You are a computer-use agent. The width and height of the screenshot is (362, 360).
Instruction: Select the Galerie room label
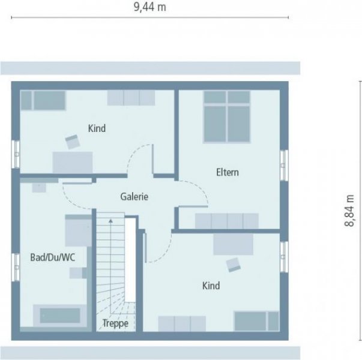point(134,196)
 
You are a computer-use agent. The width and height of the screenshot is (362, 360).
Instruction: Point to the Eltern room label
point(228,172)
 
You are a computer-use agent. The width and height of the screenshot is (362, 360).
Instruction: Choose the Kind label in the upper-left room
point(97,128)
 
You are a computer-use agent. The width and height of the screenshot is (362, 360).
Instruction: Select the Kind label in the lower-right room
point(211,286)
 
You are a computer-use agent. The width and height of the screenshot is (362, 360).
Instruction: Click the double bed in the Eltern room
point(226,116)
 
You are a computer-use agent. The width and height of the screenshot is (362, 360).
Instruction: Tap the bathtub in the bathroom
point(59,315)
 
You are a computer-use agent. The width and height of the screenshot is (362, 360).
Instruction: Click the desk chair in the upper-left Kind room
point(73,142)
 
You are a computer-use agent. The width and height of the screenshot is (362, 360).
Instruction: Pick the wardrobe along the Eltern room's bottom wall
point(226,221)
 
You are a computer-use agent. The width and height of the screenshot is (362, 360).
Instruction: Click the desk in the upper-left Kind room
point(73,162)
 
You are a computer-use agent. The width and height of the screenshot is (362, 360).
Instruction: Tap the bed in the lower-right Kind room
point(256,321)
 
